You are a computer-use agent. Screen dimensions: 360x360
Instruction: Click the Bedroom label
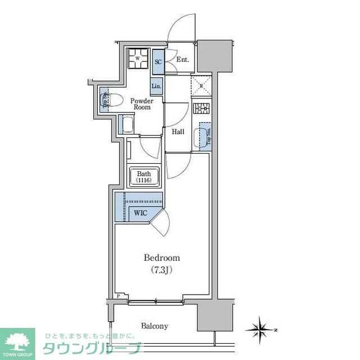point(162,258)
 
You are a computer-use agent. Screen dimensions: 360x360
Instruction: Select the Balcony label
point(154,326)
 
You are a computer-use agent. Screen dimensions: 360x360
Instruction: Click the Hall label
point(178,132)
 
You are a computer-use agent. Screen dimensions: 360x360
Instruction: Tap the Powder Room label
point(141,103)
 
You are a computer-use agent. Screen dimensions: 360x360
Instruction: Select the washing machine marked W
point(137,58)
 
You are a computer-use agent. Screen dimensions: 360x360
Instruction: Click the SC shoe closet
point(159,61)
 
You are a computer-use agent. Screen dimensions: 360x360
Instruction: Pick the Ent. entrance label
point(182,60)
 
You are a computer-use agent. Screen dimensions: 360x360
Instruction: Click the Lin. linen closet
point(157,87)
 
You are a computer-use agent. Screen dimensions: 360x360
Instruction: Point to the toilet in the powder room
point(107,101)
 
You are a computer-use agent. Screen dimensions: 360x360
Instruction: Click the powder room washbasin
point(126,124)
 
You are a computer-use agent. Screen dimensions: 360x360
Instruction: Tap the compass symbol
point(260,328)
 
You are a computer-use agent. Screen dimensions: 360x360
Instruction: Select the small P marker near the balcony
point(119,296)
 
